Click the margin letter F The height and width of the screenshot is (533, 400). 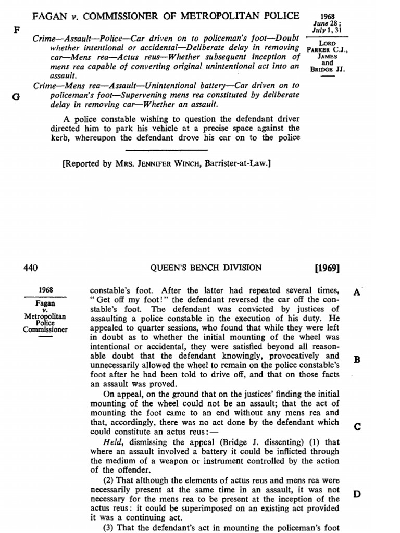[x=16, y=29]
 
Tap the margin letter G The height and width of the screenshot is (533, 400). [x=16, y=96]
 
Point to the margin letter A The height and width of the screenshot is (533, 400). [x=357, y=293]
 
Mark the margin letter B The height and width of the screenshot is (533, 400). [x=357, y=360]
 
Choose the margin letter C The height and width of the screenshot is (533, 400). [x=357, y=427]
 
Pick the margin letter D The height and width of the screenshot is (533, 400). [x=357, y=494]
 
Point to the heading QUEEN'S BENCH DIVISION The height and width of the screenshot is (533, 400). [x=206, y=269]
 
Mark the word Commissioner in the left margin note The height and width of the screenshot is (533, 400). [x=45, y=329]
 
